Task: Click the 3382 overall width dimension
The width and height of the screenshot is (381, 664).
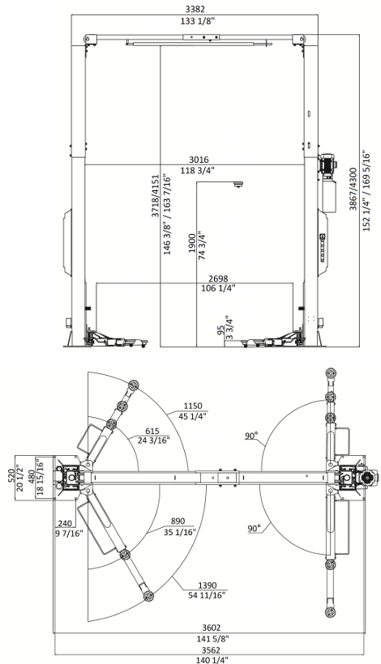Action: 195,9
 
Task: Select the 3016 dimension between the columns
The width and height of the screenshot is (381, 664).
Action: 199,160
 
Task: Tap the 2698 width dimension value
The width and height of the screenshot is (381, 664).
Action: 218,279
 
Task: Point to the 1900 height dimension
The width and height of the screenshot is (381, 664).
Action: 192,243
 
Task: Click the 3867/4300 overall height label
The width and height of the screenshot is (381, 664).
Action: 353,189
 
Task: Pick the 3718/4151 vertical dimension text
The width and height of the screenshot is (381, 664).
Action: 156,196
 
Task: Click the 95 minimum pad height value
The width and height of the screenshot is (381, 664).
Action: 220,330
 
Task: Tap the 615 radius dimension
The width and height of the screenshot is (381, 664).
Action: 152,431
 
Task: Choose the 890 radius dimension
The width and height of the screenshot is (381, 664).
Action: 178,521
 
